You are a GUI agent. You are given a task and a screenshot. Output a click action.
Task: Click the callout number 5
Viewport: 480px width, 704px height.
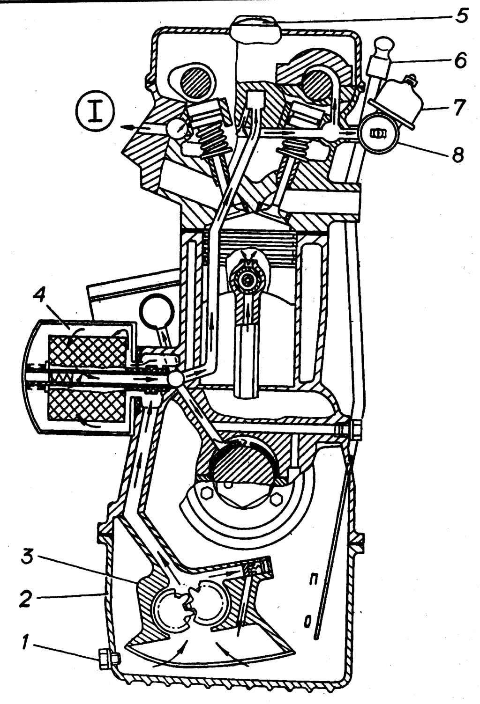(x=460, y=17)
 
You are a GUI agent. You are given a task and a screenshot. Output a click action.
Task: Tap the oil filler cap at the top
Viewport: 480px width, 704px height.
(x=255, y=29)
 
